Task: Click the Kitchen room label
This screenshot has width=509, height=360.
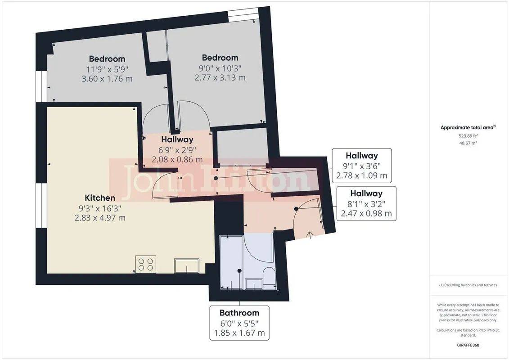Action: click(x=100, y=198)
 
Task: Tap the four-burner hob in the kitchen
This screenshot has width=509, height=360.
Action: click(x=146, y=264)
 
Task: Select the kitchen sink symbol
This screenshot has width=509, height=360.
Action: click(x=187, y=265)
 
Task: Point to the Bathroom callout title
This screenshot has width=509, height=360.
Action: click(x=239, y=313)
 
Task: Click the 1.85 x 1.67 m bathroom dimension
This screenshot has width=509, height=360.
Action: click(x=239, y=333)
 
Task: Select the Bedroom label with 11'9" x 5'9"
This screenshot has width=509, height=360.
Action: click(x=107, y=59)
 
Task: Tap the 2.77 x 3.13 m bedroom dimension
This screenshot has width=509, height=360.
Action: click(x=220, y=77)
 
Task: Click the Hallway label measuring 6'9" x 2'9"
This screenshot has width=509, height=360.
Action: click(x=177, y=139)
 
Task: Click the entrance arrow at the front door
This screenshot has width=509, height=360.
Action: click(x=310, y=235)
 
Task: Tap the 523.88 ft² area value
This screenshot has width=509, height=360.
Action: click(x=468, y=136)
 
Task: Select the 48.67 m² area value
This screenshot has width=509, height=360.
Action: click(x=468, y=143)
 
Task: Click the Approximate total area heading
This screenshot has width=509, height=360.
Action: click(x=468, y=127)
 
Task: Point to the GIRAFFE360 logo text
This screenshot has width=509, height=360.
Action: click(x=468, y=345)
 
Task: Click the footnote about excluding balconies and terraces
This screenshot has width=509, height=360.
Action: click(x=468, y=285)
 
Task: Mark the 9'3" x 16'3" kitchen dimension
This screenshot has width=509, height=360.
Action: click(x=100, y=208)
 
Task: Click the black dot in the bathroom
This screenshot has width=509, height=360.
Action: click(x=239, y=271)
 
